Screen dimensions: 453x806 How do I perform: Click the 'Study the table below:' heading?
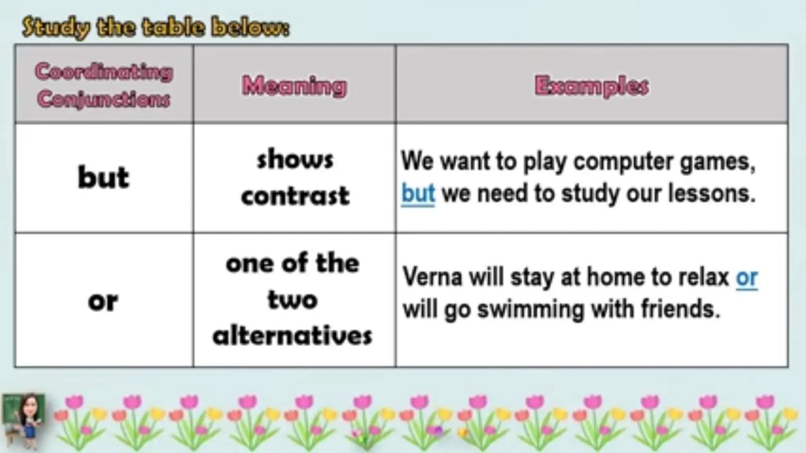tap(155, 28)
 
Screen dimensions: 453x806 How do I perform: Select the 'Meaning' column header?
tap(294, 85)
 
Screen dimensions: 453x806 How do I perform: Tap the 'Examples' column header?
tap(592, 86)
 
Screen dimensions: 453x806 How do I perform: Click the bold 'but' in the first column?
tap(104, 177)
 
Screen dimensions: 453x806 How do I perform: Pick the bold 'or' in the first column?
tap(103, 302)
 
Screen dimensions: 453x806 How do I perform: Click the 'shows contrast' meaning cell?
tap(295, 178)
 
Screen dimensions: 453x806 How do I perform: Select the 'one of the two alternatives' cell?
tap(293, 300)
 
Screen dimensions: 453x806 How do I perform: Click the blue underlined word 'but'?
tap(418, 193)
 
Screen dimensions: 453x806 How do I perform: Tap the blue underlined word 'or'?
tap(747, 278)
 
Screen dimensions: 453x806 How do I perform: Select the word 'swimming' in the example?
tap(531, 309)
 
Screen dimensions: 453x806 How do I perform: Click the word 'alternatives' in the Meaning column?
tap(293, 336)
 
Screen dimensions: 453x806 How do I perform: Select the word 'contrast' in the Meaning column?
tap(295, 196)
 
